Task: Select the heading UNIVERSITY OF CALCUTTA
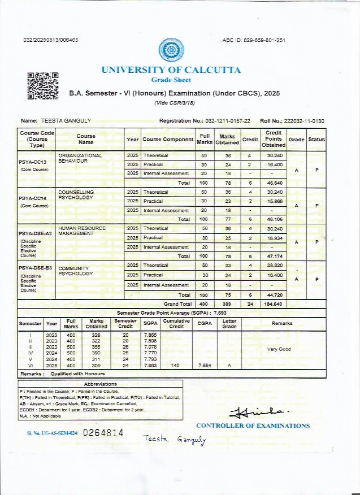171,70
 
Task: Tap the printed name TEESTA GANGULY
66,121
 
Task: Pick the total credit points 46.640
275,183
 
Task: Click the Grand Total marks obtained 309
227,304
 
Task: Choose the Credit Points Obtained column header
274,139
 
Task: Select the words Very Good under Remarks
279,349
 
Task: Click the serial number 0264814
103,433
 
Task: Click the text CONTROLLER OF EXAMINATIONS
253,425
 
